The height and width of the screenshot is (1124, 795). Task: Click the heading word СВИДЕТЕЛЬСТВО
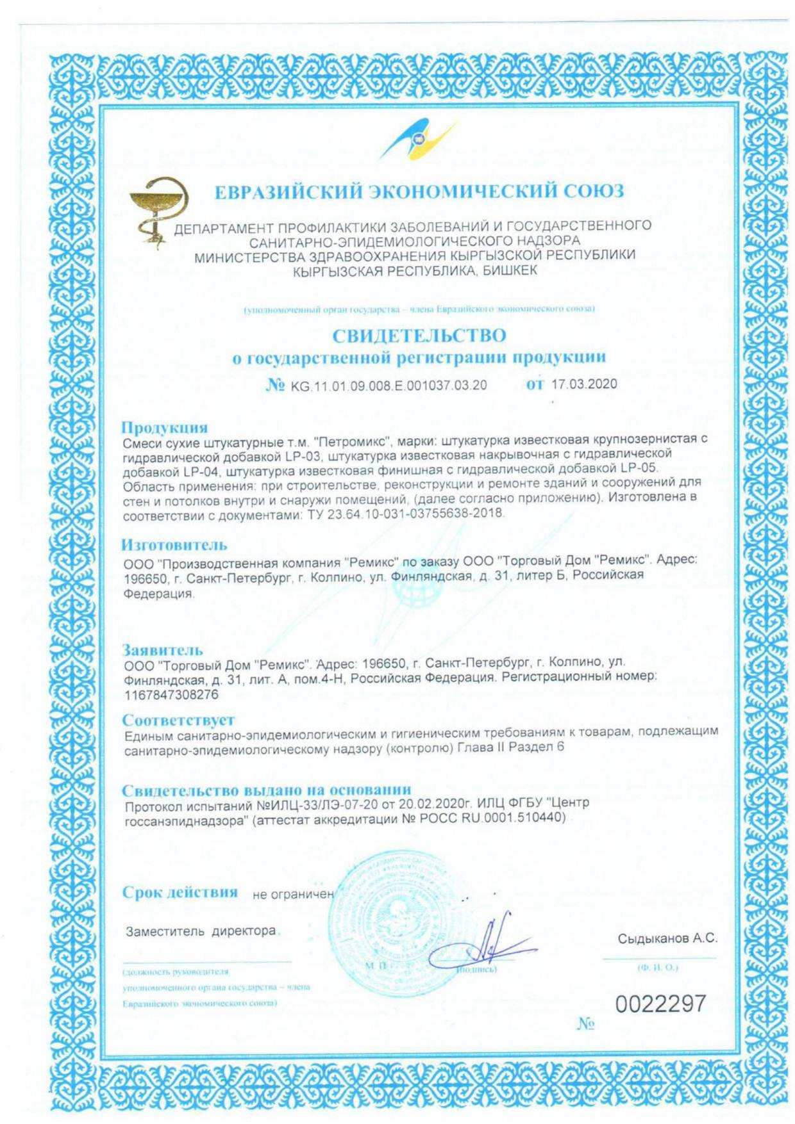click(419, 335)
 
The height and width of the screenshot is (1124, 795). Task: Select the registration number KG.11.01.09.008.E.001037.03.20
click(389, 386)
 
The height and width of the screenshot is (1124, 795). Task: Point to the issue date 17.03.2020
click(584, 384)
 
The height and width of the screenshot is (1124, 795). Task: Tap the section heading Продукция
click(165, 427)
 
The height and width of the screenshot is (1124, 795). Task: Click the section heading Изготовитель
click(174, 545)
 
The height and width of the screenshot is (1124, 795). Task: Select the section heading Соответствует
click(178, 720)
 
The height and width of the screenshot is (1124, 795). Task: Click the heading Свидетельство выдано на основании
click(267, 790)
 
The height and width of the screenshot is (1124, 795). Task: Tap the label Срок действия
click(180, 892)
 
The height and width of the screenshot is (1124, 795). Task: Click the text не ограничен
click(293, 894)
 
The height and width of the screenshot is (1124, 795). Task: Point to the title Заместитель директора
click(201, 931)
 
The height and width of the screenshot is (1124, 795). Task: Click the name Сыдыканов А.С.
click(667, 938)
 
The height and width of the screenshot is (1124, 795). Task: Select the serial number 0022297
click(661, 1004)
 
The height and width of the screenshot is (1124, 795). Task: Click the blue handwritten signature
click(487, 945)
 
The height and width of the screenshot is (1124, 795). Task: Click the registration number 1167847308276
click(171, 695)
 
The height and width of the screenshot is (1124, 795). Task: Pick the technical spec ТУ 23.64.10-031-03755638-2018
click(402, 514)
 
